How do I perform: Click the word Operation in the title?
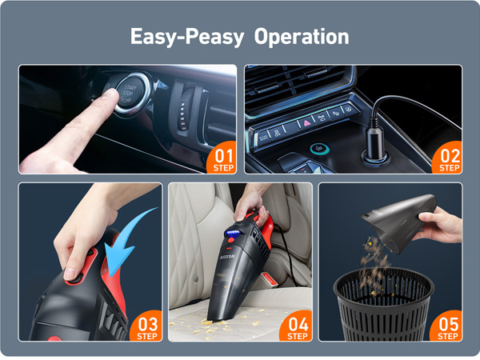302,37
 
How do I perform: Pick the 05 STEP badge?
449,326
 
